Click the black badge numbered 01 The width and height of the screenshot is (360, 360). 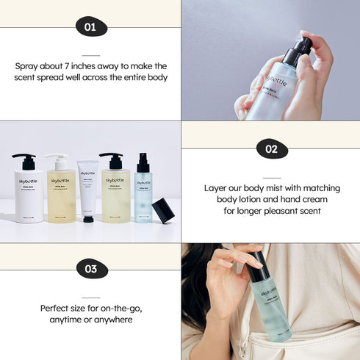(x=90, y=28)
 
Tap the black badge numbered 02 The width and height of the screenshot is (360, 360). (x=271, y=149)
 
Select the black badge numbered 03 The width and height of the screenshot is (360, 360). (x=90, y=269)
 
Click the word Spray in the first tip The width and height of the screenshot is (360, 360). (x=28, y=65)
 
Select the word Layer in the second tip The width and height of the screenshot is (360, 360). (x=216, y=187)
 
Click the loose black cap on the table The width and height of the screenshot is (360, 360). (x=162, y=210)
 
